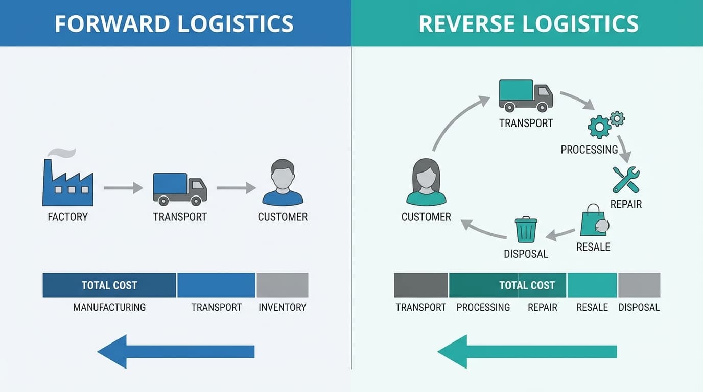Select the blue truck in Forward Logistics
point(179,189)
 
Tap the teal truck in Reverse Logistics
point(525,95)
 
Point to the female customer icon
point(426,183)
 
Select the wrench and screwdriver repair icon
point(626,180)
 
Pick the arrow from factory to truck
point(123,188)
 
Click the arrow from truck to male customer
point(236,188)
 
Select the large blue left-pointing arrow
point(176,352)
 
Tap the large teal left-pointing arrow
point(527,352)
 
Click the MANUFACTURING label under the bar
point(109,307)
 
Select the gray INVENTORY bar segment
point(282,285)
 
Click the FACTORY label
point(67,217)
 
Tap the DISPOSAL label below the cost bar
point(639,307)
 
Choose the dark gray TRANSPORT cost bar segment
point(420,285)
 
